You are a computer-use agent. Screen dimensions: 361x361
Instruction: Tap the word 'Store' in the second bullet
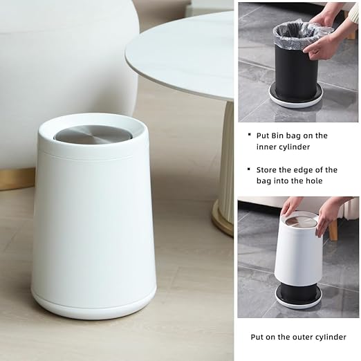pyautogui.click(x=270, y=170)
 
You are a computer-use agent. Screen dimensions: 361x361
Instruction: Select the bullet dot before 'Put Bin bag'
pyautogui.click(x=249, y=136)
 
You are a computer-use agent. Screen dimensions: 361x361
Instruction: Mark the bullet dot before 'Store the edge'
pyautogui.click(x=249, y=170)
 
